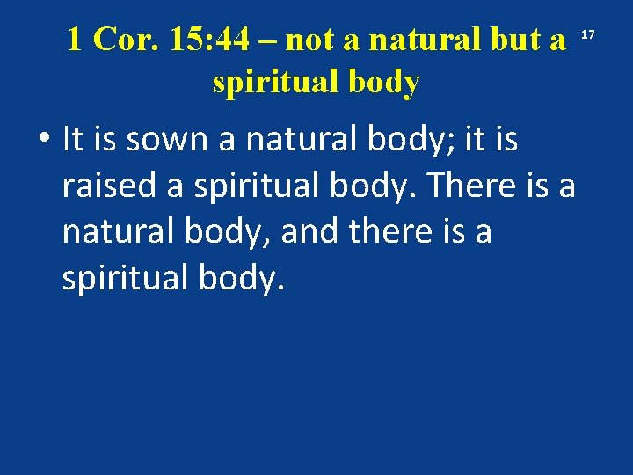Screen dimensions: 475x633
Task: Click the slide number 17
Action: point(589,34)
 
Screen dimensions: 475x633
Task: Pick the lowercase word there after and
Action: point(394,233)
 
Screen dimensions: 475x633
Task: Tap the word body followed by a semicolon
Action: point(404,141)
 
